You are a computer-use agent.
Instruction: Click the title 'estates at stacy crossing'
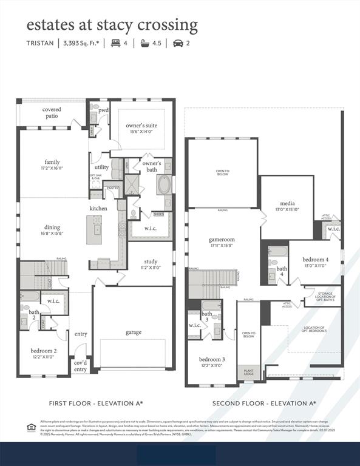click(x=112, y=25)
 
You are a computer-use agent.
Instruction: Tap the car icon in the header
click(x=178, y=43)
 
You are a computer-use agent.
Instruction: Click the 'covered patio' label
click(x=52, y=112)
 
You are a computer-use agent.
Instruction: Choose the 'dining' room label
click(x=52, y=230)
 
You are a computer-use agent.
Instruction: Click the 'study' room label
click(x=151, y=264)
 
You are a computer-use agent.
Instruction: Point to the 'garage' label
click(x=134, y=332)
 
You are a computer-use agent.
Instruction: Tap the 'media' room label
click(x=287, y=206)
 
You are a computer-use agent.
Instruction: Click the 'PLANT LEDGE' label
click(x=249, y=371)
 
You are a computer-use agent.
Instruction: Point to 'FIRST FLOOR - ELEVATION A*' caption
click(x=96, y=403)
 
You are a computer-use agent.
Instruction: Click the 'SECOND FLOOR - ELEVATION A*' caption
click(x=263, y=403)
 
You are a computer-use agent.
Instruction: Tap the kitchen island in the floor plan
click(x=93, y=229)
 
